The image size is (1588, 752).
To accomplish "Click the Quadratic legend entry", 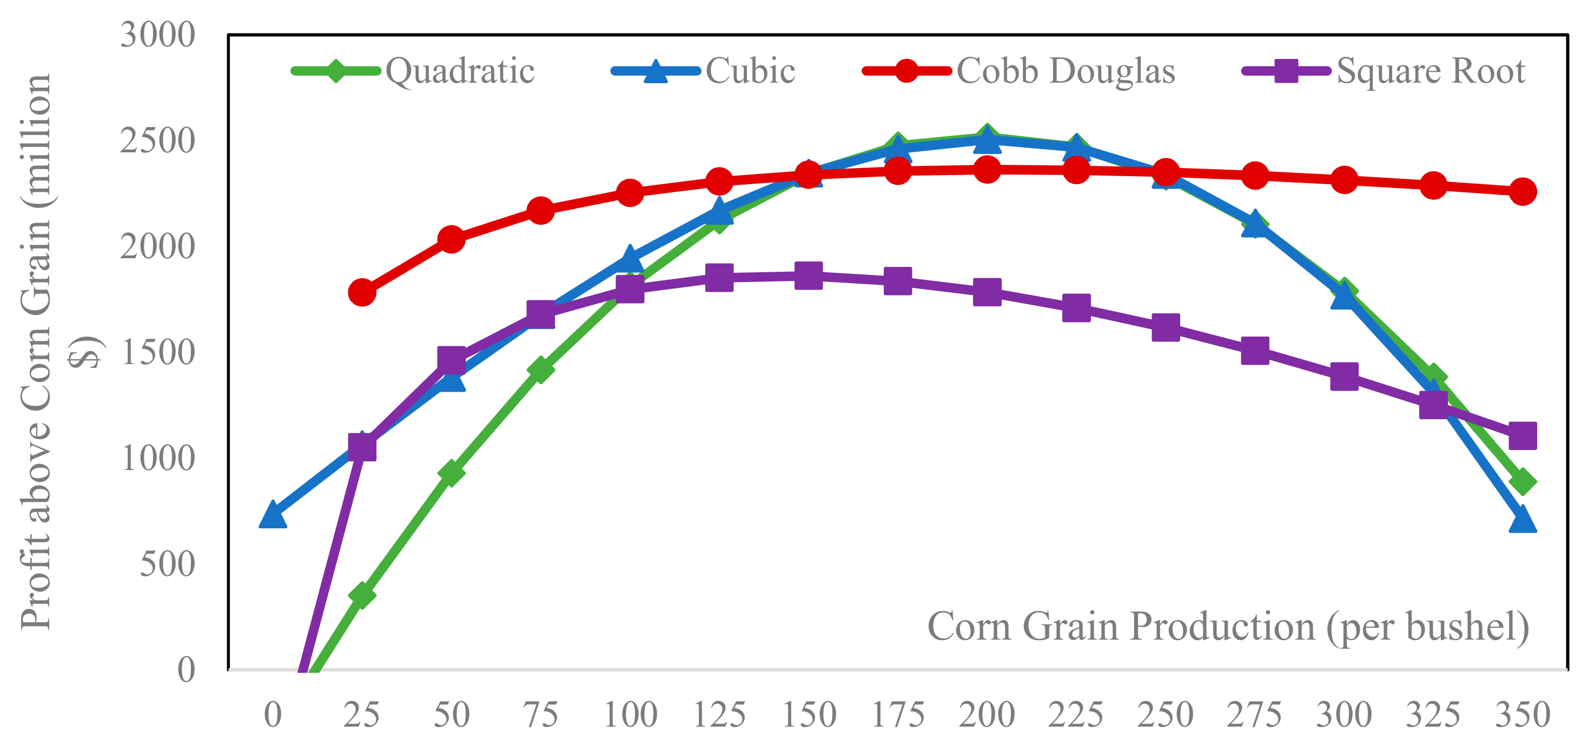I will click(413, 71).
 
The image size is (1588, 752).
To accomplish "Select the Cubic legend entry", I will click(703, 71).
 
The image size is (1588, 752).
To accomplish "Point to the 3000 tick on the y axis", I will click(157, 35).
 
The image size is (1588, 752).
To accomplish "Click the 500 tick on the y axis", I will click(167, 563).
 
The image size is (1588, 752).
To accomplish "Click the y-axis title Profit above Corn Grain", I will click(37, 351).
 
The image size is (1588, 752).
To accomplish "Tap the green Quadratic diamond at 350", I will click(1522, 481).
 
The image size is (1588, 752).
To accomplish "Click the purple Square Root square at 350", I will click(1522, 436).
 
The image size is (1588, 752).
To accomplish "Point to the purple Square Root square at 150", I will click(808, 276).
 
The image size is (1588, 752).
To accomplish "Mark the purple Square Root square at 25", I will click(362, 447).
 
